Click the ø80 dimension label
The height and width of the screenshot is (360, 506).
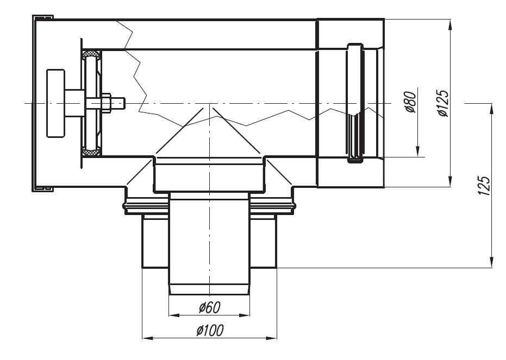point(411,102)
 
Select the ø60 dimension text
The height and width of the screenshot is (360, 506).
point(210,307)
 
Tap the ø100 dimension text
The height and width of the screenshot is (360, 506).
point(210,330)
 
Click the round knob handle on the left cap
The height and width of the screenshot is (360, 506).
point(56,103)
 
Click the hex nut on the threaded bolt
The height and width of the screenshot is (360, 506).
point(107,103)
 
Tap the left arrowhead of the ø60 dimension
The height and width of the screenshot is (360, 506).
point(174,315)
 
